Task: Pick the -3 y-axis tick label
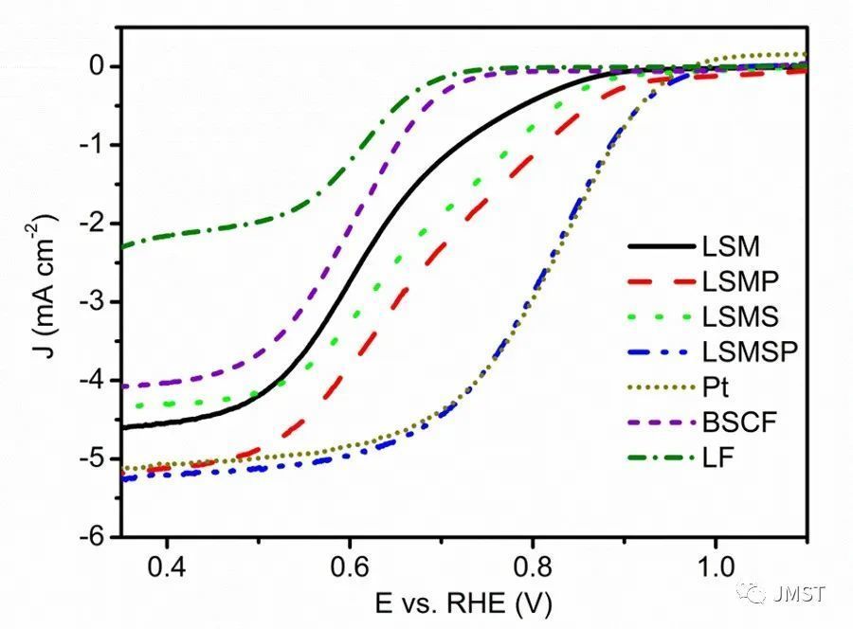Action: (x=92, y=302)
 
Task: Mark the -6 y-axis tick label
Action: (x=92, y=537)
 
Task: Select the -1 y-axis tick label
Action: (x=92, y=145)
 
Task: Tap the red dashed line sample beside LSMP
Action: (x=658, y=281)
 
